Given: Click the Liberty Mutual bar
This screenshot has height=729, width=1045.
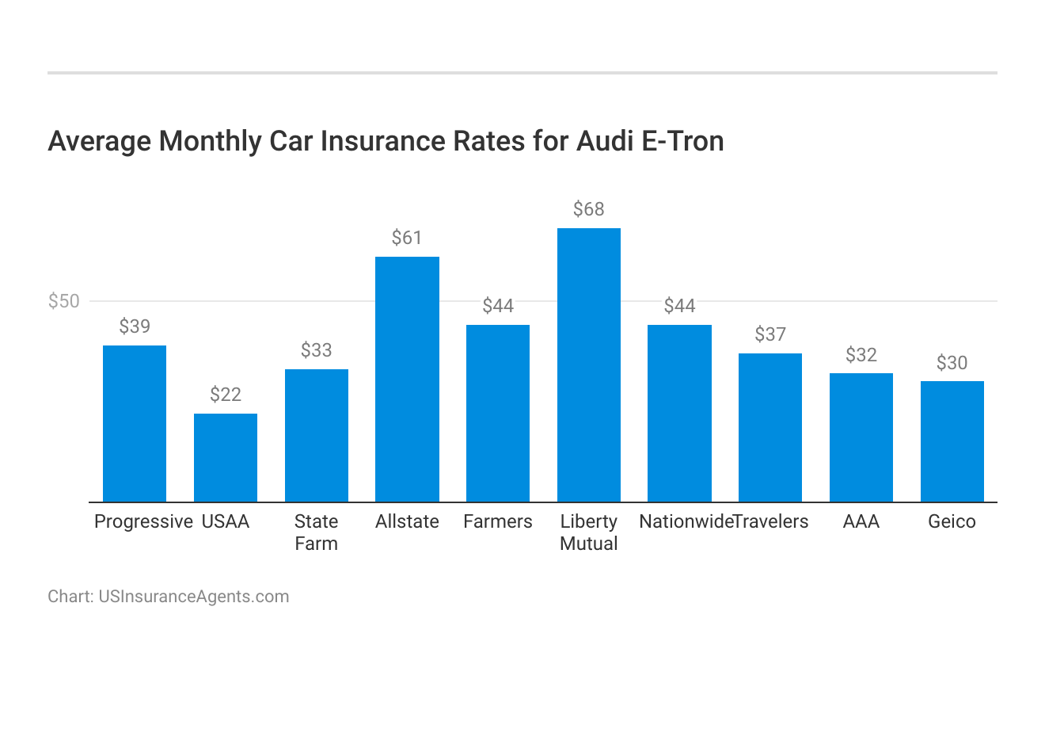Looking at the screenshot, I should point(588,364).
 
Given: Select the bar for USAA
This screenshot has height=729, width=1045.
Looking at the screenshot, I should point(226,457).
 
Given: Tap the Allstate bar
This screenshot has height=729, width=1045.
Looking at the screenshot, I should point(407,379).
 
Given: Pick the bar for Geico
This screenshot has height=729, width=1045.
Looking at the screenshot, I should point(952,441).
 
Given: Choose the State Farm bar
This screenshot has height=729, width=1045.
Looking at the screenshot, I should point(316,435).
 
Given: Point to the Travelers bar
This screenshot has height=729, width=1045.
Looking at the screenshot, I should point(770,427).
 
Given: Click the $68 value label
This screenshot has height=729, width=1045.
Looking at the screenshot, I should point(588,209).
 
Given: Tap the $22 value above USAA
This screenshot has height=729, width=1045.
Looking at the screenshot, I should point(226,395).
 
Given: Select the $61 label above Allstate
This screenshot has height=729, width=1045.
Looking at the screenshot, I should point(407,238).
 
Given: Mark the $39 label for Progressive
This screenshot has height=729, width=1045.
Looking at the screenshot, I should point(135,326).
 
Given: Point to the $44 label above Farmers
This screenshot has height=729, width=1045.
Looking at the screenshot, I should point(498,306).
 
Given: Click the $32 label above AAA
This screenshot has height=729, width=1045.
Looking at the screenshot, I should point(861,354).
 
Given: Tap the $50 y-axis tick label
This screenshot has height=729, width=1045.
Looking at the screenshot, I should point(64,301).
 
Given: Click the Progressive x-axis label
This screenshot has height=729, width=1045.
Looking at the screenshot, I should point(143,521).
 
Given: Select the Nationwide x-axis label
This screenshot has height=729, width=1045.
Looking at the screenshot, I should point(686,521).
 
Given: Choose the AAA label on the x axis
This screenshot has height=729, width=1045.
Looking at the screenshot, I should point(861,521).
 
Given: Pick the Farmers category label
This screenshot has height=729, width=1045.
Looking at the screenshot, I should point(498,521).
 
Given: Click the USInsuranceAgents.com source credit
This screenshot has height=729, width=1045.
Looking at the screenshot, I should point(193,597).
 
